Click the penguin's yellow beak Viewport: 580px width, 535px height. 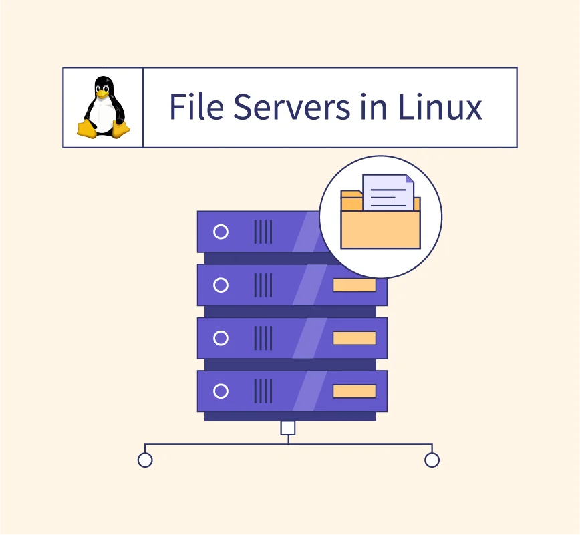click(102, 94)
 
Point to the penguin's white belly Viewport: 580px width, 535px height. click(102, 116)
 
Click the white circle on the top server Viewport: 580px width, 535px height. click(221, 232)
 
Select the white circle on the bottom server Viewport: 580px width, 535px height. click(221, 391)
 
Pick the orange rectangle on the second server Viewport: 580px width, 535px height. click(354, 285)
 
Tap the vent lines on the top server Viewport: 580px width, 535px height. click(263, 232)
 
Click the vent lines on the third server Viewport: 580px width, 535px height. click(263, 338)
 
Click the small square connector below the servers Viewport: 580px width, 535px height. click(288, 428)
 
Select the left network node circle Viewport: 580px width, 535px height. click(145, 460)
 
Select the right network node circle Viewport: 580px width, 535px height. click(432, 460)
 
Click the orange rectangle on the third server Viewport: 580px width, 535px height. click(354, 338)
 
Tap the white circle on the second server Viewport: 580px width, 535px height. click(221, 285)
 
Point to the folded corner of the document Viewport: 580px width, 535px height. click(410, 179)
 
